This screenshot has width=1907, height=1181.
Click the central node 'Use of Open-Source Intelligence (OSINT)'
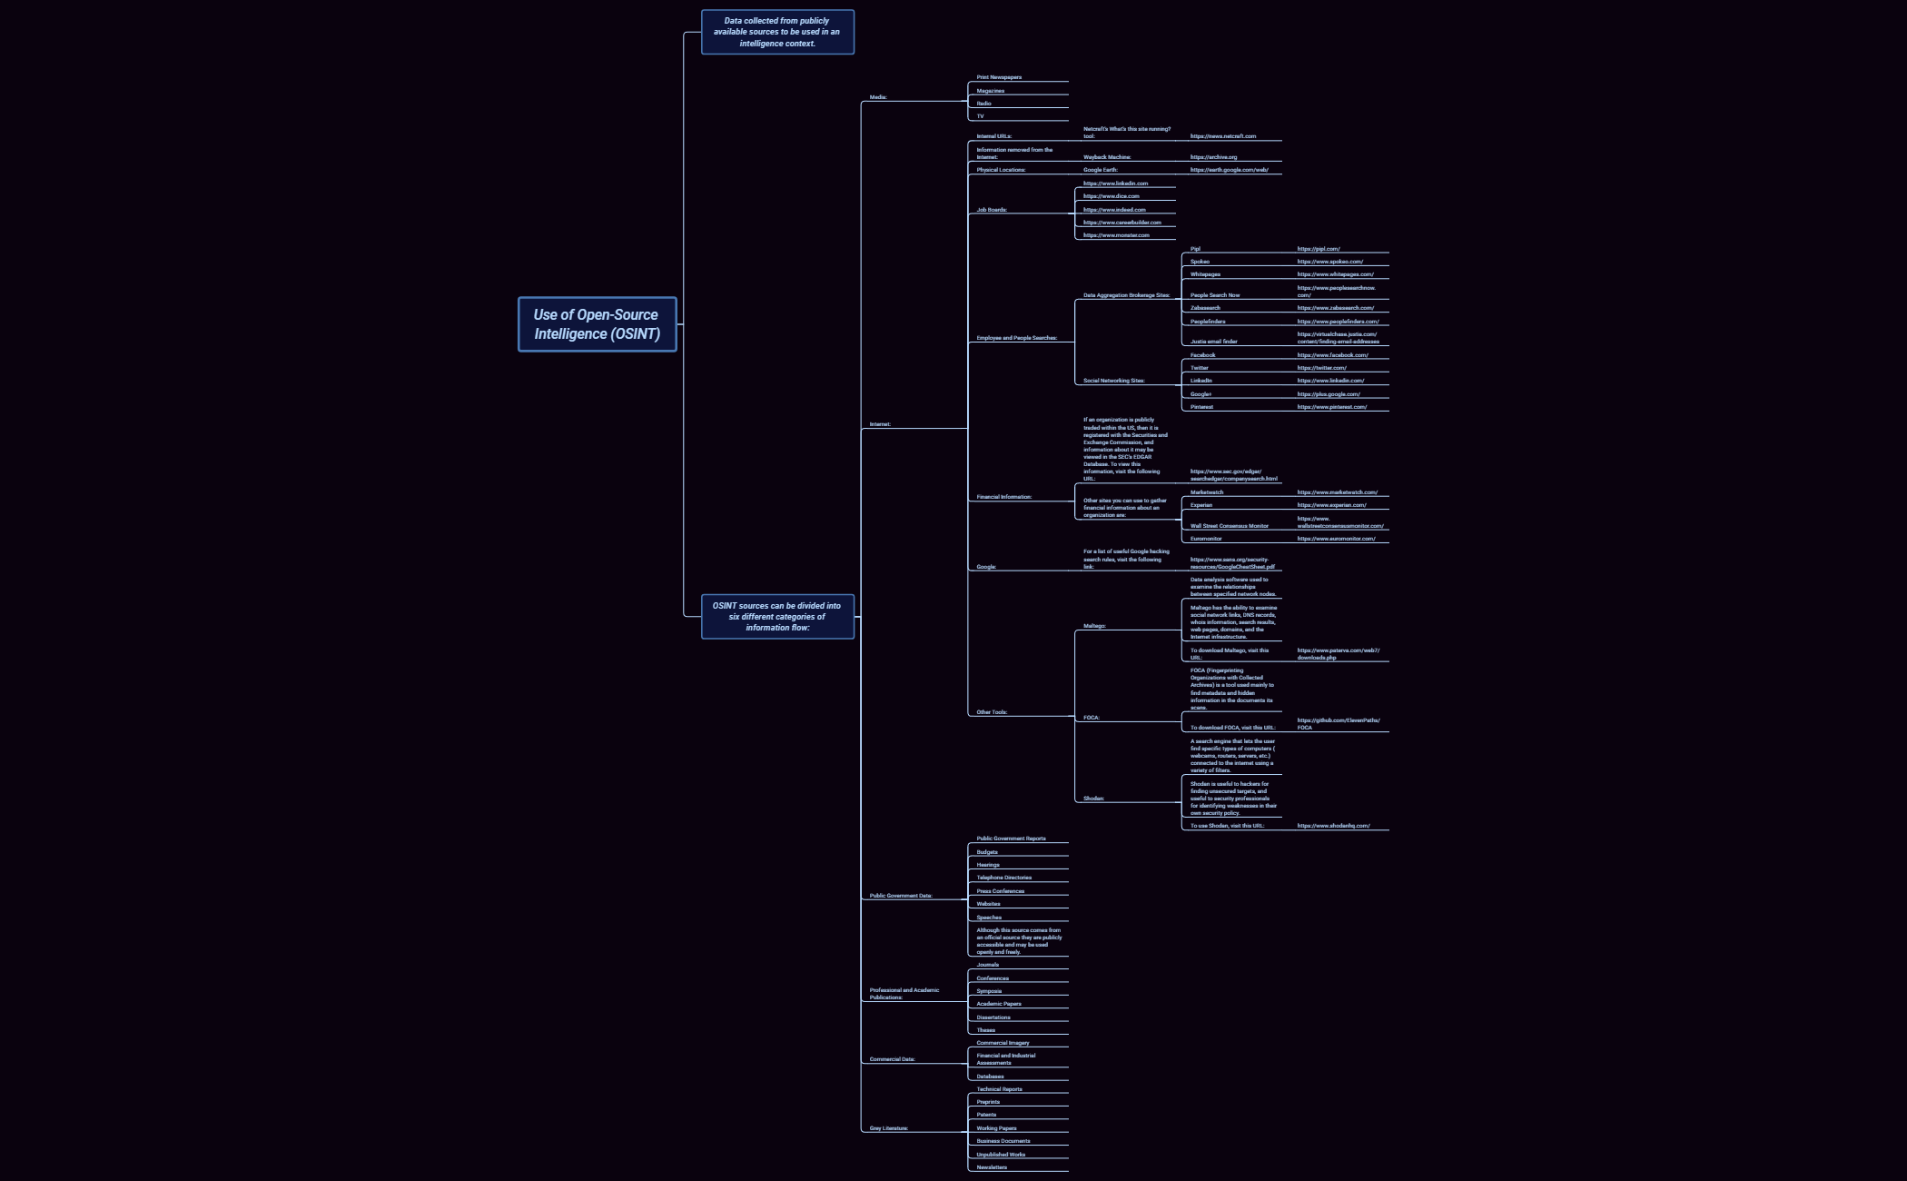[597, 324]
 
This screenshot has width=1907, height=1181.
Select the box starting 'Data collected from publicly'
[777, 32]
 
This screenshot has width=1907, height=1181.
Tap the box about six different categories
[777, 617]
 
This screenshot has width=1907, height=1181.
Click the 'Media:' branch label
[878, 97]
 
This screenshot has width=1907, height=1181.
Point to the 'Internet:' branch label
[880, 424]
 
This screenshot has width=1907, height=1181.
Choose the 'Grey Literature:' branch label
[888, 1128]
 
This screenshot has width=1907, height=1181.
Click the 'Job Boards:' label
[992, 210]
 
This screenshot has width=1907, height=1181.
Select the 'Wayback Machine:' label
[1107, 157]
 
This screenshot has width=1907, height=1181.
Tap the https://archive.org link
[1213, 157]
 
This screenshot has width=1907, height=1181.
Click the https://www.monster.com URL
[1116, 235]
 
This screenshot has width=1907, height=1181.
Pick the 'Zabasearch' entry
[1205, 308]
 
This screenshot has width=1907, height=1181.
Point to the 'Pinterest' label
[1201, 407]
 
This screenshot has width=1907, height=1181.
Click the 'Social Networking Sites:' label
[1113, 381]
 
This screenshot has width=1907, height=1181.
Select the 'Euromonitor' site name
[1206, 539]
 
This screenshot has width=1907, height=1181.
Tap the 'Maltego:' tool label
[1094, 626]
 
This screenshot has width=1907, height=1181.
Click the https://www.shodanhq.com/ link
[1333, 826]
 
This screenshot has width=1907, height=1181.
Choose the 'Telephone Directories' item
[1003, 878]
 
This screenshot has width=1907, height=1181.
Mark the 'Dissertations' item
[993, 1017]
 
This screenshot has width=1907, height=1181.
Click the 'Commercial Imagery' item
[1003, 1043]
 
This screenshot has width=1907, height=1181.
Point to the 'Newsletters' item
[992, 1167]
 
